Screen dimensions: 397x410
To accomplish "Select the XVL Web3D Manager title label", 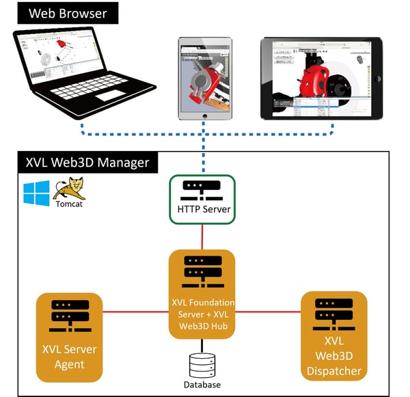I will [x=87, y=163].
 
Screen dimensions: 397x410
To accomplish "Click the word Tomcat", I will [x=66, y=203].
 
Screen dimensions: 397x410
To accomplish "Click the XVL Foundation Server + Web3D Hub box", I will [x=202, y=294].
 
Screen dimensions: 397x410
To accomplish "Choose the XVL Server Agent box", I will [x=69, y=338].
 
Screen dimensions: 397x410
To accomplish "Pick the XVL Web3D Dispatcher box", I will [x=334, y=337].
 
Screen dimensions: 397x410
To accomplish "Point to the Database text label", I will [x=202, y=385].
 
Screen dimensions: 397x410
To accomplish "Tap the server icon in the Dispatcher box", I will [x=334, y=312].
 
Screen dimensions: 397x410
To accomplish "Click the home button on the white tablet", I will [x=205, y=118].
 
